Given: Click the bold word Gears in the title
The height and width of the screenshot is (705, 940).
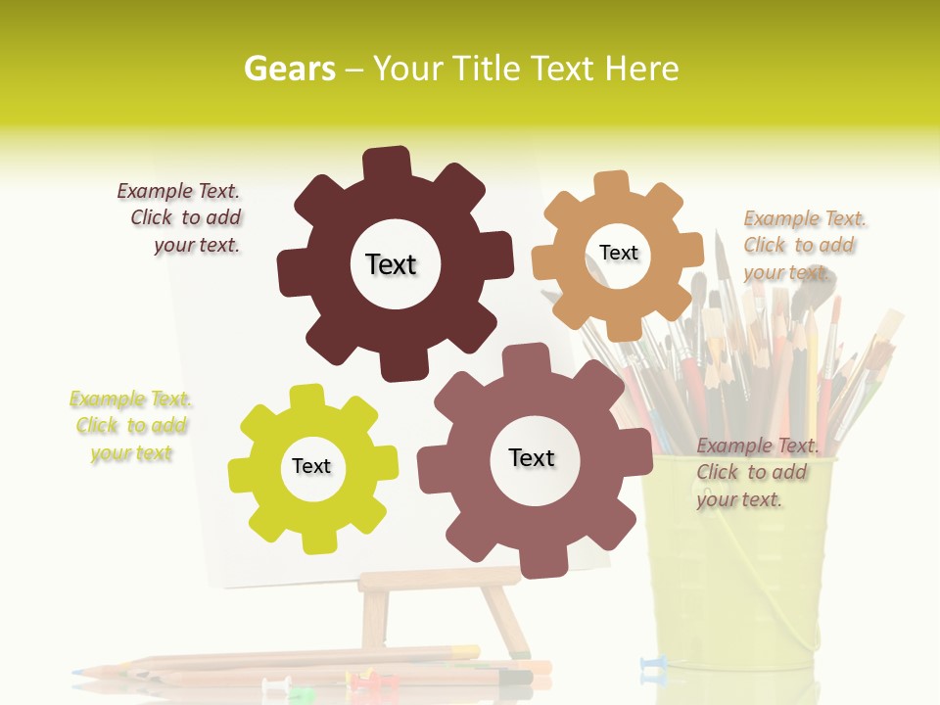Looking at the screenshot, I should pyautogui.click(x=288, y=69).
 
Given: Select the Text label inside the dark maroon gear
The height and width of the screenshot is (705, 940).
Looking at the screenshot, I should pyautogui.click(x=391, y=264).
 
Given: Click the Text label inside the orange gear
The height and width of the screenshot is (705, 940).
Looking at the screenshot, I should pyautogui.click(x=618, y=253).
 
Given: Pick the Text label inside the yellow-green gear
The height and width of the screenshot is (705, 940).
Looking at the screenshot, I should pyautogui.click(x=310, y=466).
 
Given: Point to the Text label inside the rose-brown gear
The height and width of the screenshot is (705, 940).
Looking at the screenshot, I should pyautogui.click(x=532, y=457).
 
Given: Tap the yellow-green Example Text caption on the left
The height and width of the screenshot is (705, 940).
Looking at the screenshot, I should pyautogui.click(x=131, y=426).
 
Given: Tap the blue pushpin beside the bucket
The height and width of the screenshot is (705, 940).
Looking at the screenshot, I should pyautogui.click(x=652, y=666).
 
